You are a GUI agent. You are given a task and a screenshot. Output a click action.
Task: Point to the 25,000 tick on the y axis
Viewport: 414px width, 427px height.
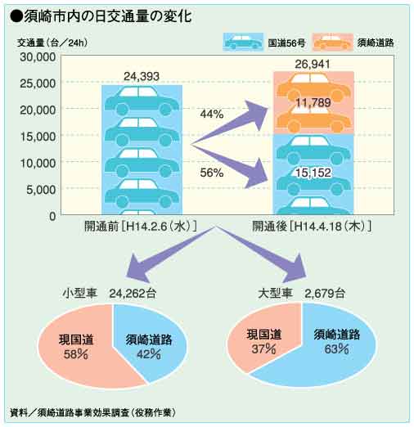click(x=38, y=83)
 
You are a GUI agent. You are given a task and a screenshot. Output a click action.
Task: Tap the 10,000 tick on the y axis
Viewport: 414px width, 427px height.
click(x=38, y=163)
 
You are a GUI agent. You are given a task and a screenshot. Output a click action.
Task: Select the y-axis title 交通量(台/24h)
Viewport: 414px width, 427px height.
click(x=52, y=43)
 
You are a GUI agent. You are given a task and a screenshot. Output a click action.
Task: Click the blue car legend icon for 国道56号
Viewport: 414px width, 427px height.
click(x=243, y=43)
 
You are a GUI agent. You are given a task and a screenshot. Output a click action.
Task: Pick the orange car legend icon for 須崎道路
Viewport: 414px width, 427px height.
click(x=333, y=43)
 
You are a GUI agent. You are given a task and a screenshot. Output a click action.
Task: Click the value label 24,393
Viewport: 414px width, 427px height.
click(x=142, y=76)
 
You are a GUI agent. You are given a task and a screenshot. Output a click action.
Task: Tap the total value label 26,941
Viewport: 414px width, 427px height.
click(x=313, y=64)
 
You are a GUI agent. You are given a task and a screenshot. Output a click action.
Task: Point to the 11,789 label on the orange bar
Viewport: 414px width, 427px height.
click(x=313, y=102)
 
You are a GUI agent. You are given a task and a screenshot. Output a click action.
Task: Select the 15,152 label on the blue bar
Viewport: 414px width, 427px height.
click(x=313, y=173)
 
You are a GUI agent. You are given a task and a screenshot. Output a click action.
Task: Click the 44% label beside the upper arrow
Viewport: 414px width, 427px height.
click(x=212, y=114)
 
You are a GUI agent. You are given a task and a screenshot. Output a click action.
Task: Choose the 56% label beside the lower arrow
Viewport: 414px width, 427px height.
click(x=212, y=173)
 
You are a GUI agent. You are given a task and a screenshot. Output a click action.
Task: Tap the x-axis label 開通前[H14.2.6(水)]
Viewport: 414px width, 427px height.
click(x=141, y=227)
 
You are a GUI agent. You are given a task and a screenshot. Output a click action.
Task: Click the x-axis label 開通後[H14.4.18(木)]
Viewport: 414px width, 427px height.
click(x=312, y=227)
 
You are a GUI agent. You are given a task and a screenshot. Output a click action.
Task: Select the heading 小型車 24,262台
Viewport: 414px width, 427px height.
click(x=110, y=294)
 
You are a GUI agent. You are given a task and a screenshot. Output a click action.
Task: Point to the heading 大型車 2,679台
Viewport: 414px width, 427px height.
click(x=302, y=294)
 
